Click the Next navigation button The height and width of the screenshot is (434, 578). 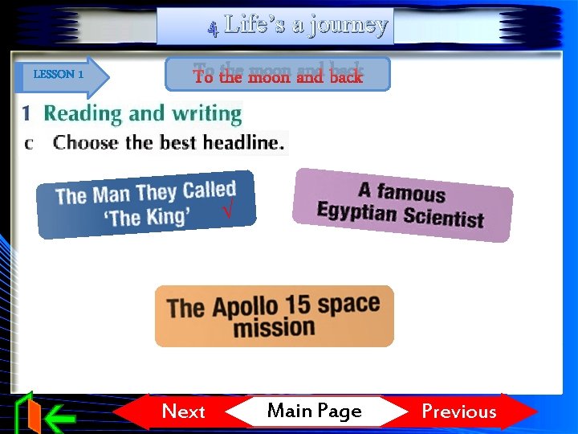(183, 411)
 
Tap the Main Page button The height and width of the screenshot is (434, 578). (314, 411)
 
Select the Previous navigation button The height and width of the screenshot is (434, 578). (459, 411)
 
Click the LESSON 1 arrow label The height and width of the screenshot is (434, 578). (59, 74)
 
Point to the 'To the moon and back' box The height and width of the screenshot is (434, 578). (278, 75)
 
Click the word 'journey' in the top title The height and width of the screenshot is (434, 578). (340, 25)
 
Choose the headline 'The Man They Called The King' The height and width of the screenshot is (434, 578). (146, 204)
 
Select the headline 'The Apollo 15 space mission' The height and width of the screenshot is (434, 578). (274, 316)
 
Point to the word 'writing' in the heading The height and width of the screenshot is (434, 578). (206, 114)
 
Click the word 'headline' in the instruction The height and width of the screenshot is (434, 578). (242, 143)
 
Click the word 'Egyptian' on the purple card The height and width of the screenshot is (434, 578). (357, 212)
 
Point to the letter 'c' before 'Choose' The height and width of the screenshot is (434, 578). (30, 144)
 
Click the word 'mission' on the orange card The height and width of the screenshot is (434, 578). (274, 328)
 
